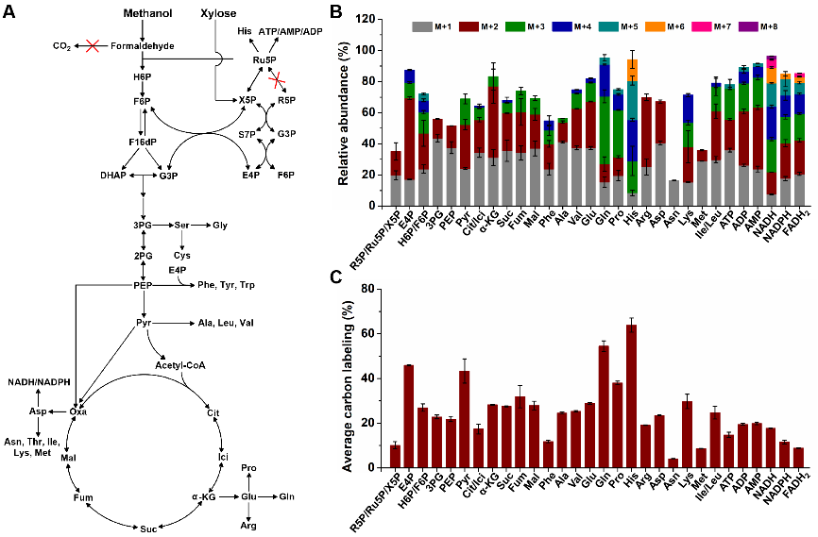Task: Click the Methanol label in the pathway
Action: tap(145, 14)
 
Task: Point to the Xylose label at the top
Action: tap(219, 14)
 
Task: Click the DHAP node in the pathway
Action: tap(113, 176)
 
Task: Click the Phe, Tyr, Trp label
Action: tap(228, 284)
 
